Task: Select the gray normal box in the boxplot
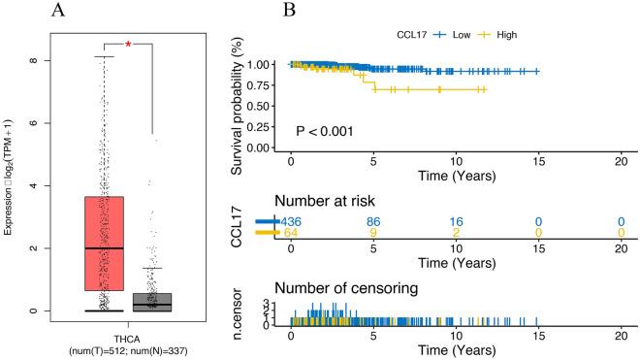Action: coord(152,302)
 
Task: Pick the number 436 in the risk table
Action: coord(292,221)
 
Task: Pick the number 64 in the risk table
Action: coord(292,234)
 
